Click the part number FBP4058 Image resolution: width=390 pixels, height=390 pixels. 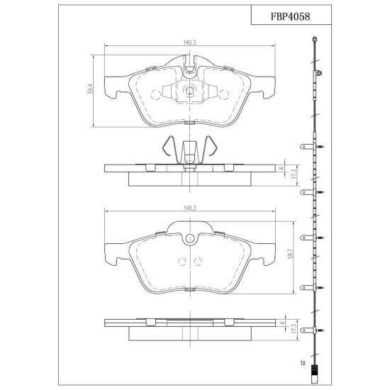[x=290, y=17]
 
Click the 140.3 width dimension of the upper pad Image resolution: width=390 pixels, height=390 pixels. [x=190, y=43]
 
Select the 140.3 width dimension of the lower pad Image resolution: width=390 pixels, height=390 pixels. [x=190, y=208]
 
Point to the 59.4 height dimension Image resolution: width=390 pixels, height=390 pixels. [x=90, y=89]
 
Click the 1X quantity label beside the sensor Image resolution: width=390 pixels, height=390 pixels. [x=303, y=363]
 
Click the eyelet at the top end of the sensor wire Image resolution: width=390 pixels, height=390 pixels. [x=315, y=38]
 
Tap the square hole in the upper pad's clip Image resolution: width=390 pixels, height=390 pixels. [x=190, y=90]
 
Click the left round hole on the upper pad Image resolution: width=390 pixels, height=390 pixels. [x=156, y=94]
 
